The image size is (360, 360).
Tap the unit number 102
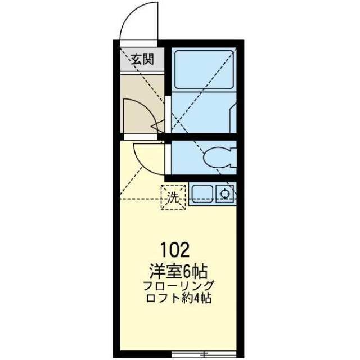point(175,250)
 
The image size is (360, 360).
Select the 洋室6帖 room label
point(178,271)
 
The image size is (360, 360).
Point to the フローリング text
point(179,286)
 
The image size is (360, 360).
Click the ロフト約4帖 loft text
point(179,299)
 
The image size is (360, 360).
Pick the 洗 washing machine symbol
point(173,197)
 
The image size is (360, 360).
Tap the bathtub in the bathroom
point(204,69)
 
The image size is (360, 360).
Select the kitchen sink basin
point(202,194)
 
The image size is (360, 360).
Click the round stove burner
point(224,194)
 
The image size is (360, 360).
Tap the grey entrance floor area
point(142,60)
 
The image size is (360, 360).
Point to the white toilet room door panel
point(168,159)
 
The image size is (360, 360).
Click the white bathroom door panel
point(168,114)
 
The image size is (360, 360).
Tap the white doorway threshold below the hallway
point(141,137)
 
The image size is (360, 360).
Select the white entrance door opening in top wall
point(139,44)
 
